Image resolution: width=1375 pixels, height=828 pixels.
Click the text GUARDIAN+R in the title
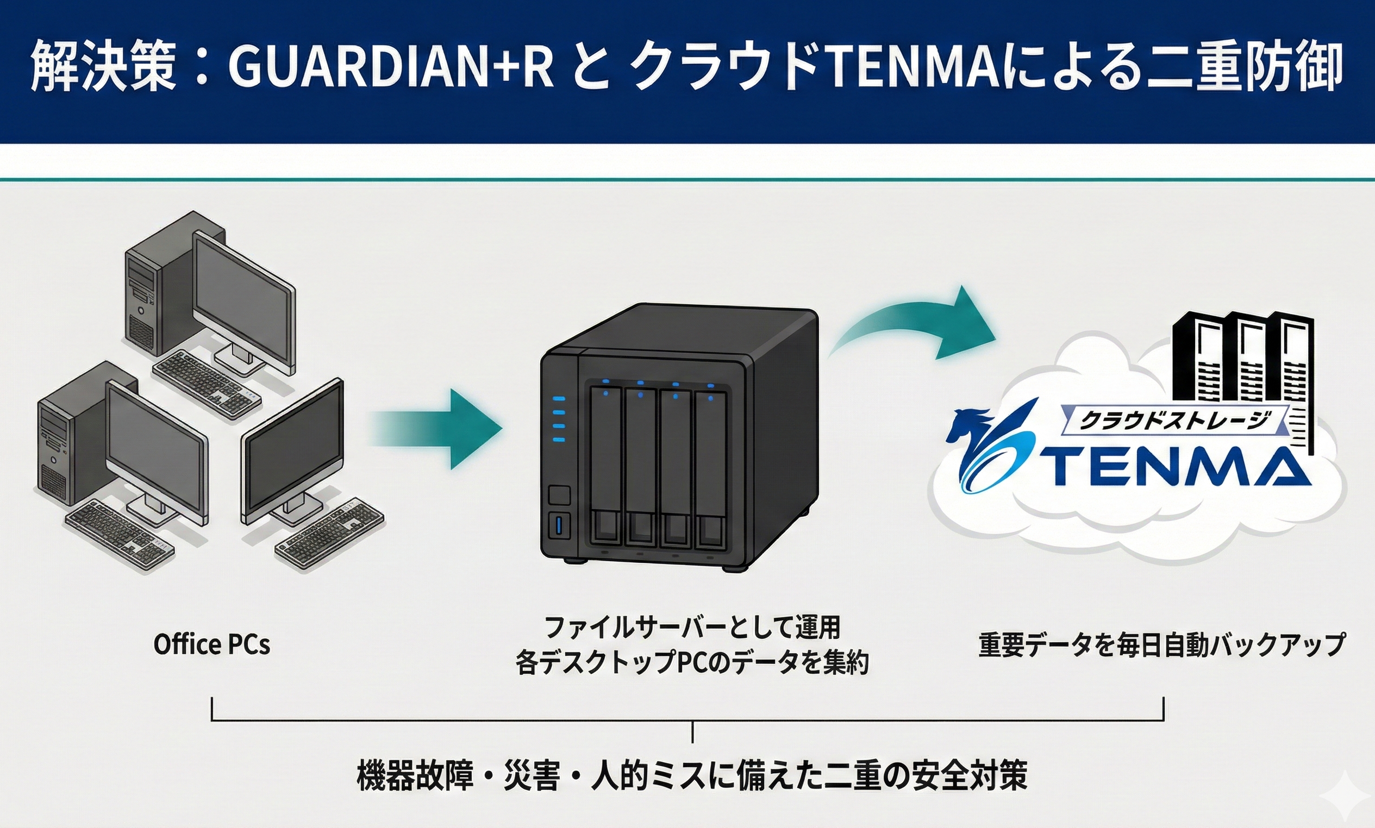[x=391, y=71]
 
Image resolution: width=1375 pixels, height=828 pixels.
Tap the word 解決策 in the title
[x=103, y=71]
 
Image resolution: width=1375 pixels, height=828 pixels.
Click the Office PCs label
[x=211, y=645]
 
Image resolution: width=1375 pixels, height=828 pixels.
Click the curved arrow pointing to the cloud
[x=915, y=329]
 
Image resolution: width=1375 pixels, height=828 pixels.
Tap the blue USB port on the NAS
[x=560, y=525]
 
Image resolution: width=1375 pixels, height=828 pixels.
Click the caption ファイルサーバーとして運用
[x=692, y=628]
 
